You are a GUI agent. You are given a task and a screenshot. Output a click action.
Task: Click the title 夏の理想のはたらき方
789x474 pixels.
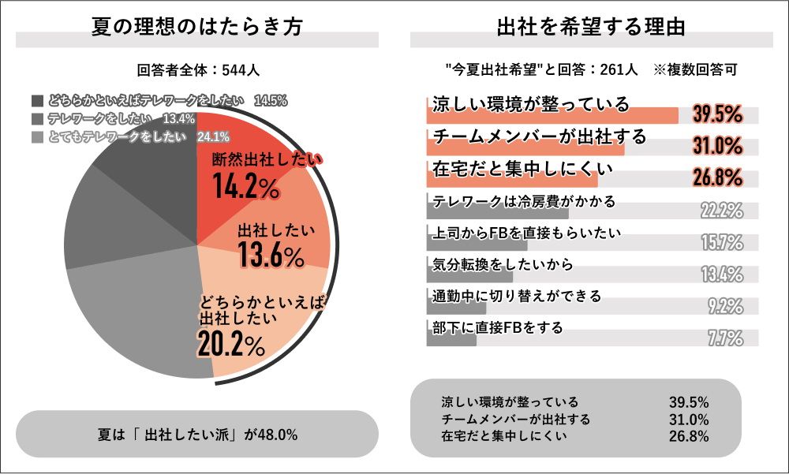click(197, 25)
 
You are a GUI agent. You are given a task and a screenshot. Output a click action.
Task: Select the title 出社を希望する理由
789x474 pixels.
click(591, 25)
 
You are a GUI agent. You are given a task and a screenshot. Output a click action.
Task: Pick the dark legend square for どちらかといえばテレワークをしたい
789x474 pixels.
click(38, 100)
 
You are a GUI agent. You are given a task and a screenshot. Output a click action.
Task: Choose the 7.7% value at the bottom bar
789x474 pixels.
click(725, 339)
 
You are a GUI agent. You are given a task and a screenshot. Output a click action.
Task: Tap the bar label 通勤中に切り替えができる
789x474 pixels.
click(517, 297)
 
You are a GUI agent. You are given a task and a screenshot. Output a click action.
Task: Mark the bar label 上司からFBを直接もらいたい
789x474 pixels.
click(527, 233)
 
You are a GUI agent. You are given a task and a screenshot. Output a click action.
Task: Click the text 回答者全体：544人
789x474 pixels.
click(198, 69)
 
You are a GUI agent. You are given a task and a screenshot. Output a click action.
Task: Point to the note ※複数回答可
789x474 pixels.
click(695, 69)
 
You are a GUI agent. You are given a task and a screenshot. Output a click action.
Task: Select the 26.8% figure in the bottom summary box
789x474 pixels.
click(689, 435)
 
